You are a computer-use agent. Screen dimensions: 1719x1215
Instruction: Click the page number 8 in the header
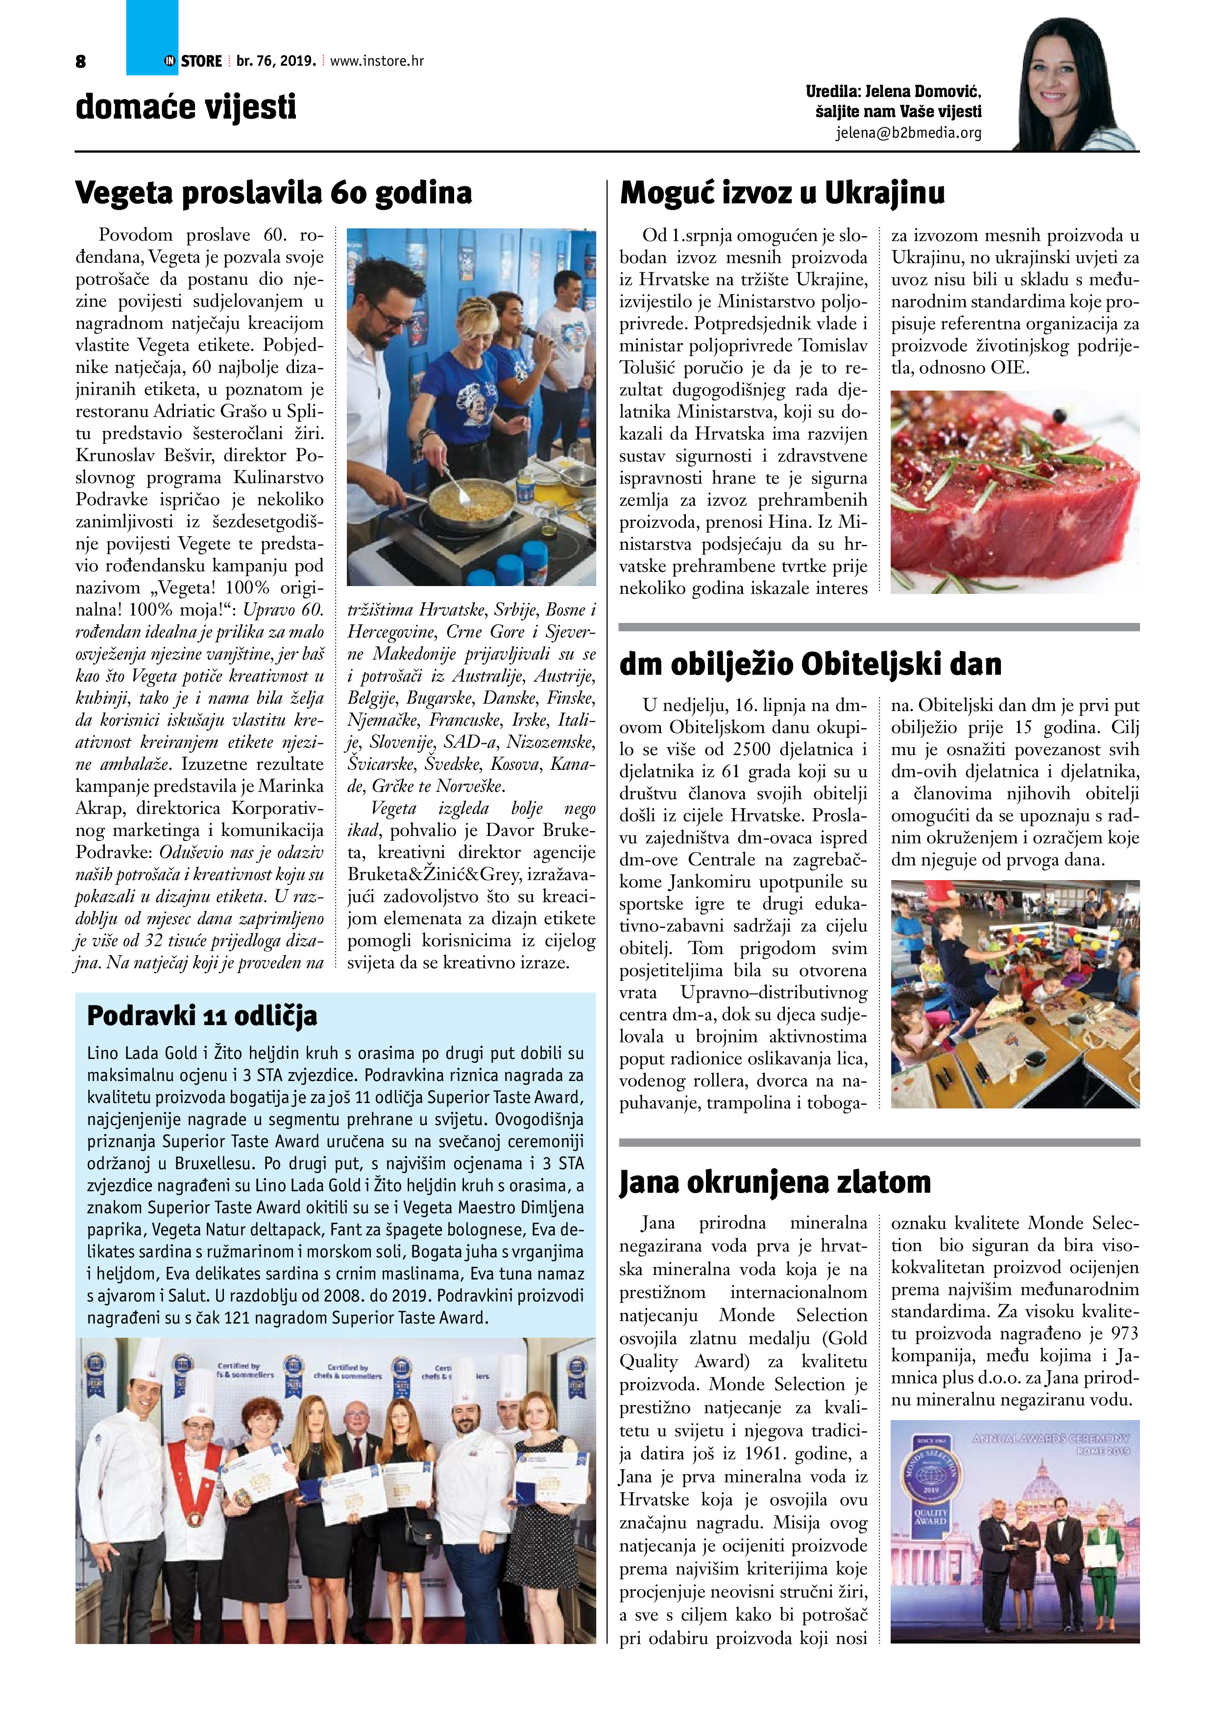[x=81, y=61]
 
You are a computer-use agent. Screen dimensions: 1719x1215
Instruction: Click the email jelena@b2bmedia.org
[x=908, y=133]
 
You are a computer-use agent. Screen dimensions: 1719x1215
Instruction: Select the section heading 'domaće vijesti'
[x=186, y=107]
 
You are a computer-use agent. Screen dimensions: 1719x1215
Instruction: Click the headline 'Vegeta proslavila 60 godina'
[x=274, y=193]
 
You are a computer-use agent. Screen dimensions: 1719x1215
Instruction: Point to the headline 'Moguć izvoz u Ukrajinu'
[x=782, y=193]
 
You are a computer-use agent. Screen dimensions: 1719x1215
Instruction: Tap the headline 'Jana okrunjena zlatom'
[x=775, y=1182]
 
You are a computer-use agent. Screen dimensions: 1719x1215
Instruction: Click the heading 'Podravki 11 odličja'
[x=202, y=1015]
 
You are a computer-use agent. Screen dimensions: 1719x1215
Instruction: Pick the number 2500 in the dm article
[x=760, y=749]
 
